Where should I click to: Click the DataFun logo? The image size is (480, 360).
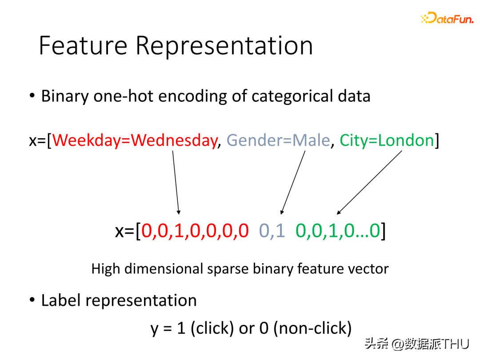coord(447,19)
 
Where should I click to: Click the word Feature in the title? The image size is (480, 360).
coord(83,45)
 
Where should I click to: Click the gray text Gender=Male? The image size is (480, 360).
coord(278,140)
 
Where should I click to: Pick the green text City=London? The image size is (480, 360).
coord(387,140)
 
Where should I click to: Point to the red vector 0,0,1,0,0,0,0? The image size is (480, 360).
coord(195,231)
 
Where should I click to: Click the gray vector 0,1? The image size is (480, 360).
coord(272,231)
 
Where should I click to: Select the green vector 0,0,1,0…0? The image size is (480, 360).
coord(338,231)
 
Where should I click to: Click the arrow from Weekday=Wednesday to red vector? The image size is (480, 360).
coord(176,182)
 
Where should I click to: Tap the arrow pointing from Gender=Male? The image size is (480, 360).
coord(293,182)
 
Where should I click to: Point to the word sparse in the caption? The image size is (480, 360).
coord(227,268)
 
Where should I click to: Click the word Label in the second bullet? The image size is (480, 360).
coord(61,300)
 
